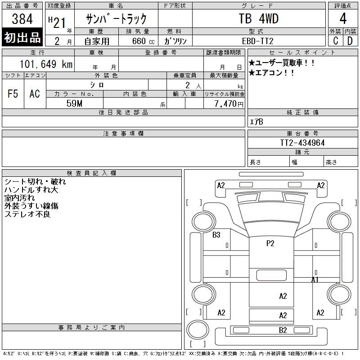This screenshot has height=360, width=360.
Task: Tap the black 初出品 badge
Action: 22,38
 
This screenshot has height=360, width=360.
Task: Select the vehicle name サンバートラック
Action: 116,19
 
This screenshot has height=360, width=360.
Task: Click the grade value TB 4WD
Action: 258,19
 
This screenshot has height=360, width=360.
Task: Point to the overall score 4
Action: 343,19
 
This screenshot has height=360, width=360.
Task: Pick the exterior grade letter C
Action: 336,40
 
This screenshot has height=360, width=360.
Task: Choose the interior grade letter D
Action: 350,40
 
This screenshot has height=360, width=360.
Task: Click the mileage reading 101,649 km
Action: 45,64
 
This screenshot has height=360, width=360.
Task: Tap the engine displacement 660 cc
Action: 138,41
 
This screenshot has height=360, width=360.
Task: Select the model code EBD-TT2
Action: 258,41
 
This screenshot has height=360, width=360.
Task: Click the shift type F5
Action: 13,94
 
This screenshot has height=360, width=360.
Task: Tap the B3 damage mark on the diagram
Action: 216,235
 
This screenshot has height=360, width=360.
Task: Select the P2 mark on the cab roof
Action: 270,243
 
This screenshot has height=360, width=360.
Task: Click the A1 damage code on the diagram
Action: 315,280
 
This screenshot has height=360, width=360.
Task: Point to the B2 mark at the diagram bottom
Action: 283,330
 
